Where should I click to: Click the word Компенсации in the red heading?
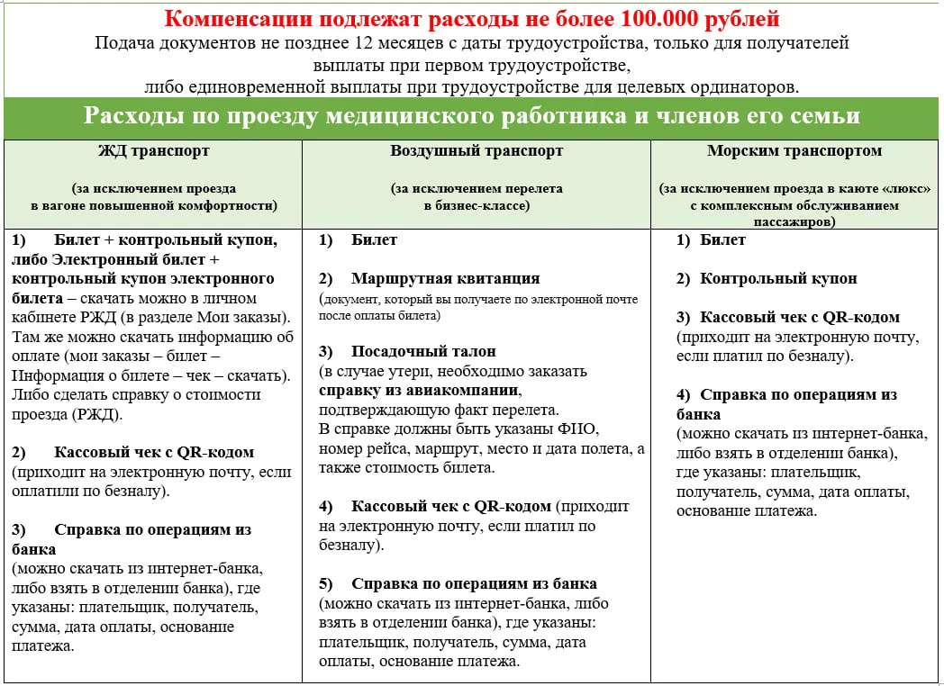(x=237, y=19)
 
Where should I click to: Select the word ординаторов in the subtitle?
(x=753, y=87)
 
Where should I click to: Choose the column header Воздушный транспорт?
(x=477, y=151)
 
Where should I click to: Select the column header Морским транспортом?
(x=794, y=151)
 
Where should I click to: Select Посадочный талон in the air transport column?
(x=423, y=351)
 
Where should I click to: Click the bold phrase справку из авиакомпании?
(x=419, y=391)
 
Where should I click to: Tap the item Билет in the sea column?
(x=722, y=239)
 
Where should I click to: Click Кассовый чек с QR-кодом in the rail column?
(x=153, y=452)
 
